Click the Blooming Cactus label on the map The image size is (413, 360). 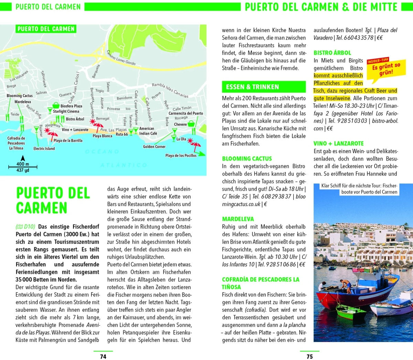[20, 96]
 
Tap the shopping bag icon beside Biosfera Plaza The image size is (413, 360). [56, 105]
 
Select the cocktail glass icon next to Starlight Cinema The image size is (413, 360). [50, 111]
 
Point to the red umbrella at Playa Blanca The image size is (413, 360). [92, 123]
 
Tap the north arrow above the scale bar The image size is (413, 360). [23, 158]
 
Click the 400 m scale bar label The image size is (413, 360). [23, 164]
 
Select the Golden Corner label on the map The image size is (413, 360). [154, 147]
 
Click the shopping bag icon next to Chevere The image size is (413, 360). [191, 124]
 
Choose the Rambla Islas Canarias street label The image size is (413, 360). [170, 90]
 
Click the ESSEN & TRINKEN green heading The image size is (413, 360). [252, 87]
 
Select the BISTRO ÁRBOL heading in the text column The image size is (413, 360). [332, 53]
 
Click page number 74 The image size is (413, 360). [103, 357]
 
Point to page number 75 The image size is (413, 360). [309, 357]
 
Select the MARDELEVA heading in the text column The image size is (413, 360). [238, 219]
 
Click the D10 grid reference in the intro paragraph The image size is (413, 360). [25, 226]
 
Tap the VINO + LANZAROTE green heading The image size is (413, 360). [338, 144]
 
